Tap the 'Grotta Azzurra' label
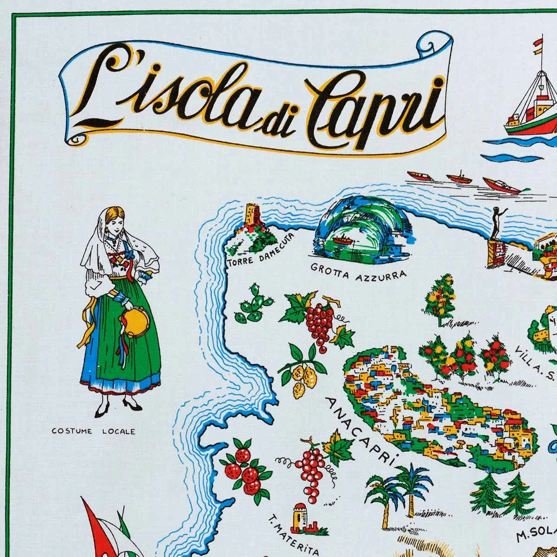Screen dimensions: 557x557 click(358, 270)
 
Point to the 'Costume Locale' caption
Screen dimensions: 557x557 click(100, 431)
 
